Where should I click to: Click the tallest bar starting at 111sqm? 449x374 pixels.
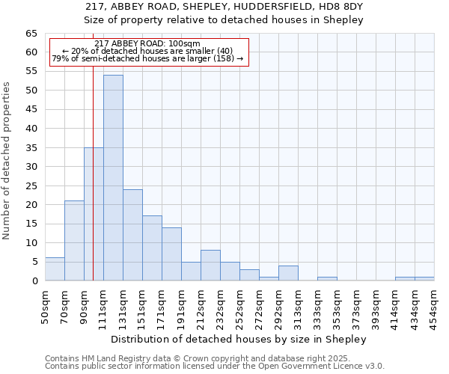(x=113, y=178)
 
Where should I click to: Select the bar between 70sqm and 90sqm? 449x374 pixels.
(x=74, y=241)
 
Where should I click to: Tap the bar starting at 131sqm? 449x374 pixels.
(x=132, y=235)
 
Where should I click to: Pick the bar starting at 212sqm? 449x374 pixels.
(x=210, y=266)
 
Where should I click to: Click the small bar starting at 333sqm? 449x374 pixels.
(x=327, y=279)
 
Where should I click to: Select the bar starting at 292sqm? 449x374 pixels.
(x=288, y=273)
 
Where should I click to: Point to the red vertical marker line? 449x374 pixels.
(x=93, y=187)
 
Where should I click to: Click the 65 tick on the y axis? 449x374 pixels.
(x=31, y=34)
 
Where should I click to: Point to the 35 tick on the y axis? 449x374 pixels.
(x=31, y=148)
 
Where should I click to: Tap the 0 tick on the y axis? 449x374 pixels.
(x=34, y=281)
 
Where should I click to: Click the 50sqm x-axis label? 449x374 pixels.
(x=45, y=306)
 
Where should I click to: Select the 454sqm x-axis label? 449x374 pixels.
(x=434, y=306)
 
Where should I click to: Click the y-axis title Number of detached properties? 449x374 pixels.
(x=7, y=161)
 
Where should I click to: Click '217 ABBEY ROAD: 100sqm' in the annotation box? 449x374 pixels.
(x=147, y=44)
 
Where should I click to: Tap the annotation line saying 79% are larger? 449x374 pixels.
(x=147, y=58)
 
